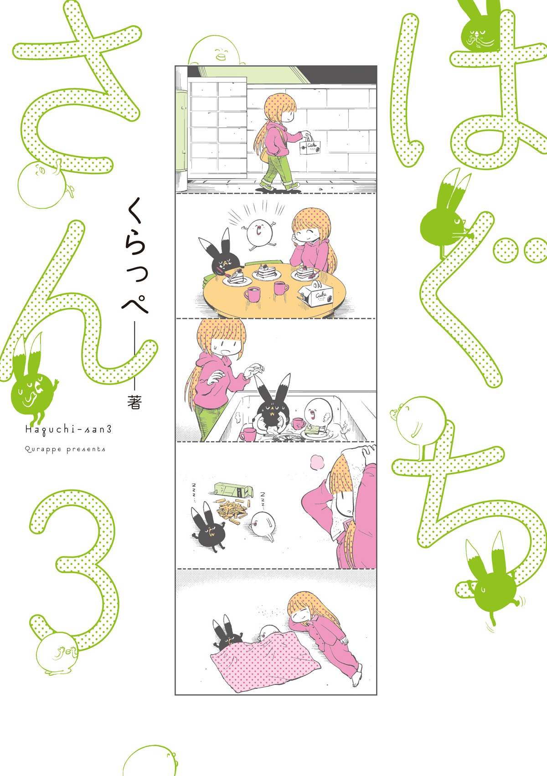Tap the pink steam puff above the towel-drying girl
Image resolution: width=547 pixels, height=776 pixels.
(x=317, y=462)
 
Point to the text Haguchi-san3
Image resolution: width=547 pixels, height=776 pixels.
(x=68, y=430)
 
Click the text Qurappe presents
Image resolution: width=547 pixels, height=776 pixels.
(x=65, y=449)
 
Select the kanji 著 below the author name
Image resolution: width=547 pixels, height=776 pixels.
(x=134, y=402)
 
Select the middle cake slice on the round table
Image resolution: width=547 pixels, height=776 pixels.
(x=266, y=272)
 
